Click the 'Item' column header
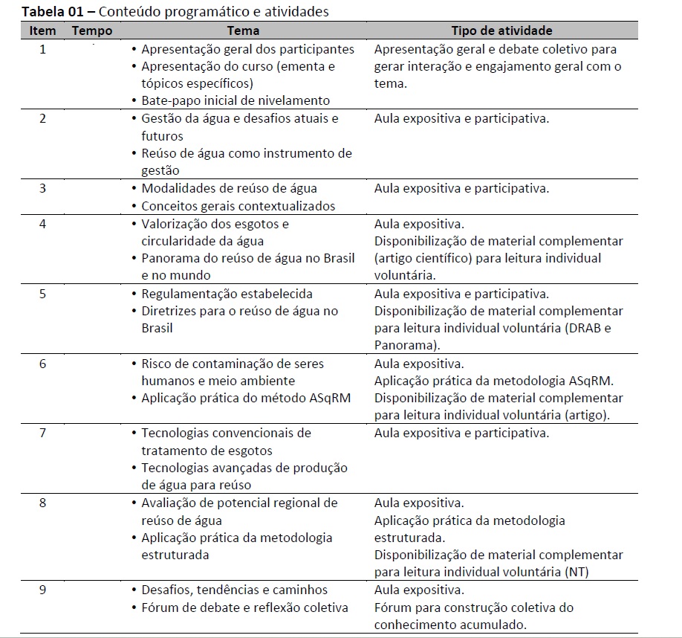42,30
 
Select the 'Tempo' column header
92,30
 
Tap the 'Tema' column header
244,30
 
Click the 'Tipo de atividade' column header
502,30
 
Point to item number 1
42,50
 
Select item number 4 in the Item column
42,224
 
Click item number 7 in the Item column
42,433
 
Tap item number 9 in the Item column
42,590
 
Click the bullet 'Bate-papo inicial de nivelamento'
236,100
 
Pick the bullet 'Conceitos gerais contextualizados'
238,206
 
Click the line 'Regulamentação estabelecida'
227,294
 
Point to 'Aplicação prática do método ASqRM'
246,398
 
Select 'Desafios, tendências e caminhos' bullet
234,590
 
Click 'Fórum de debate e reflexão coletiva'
244,608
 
